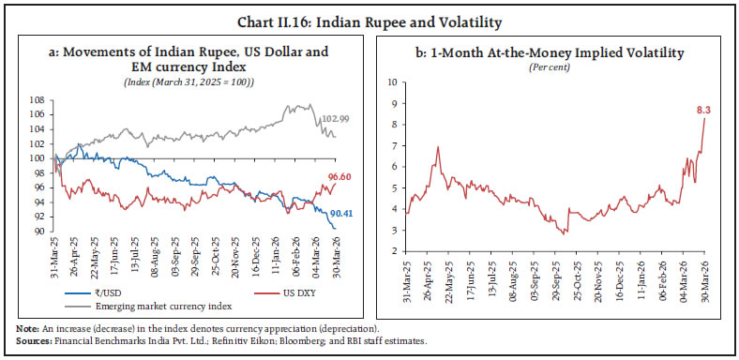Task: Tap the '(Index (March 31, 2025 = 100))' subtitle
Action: [x=199, y=82]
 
